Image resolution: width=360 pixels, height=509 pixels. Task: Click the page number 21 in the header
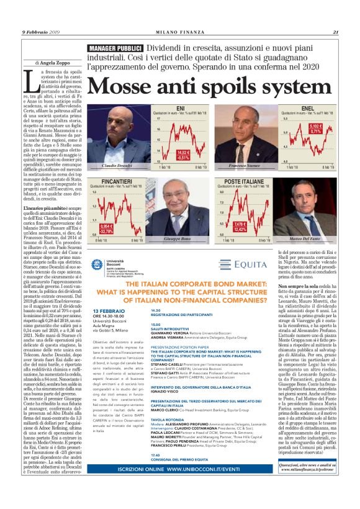point(335,33)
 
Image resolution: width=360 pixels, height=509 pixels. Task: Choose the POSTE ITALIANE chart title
point(237,181)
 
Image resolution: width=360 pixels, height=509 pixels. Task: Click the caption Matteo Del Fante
point(304,240)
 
